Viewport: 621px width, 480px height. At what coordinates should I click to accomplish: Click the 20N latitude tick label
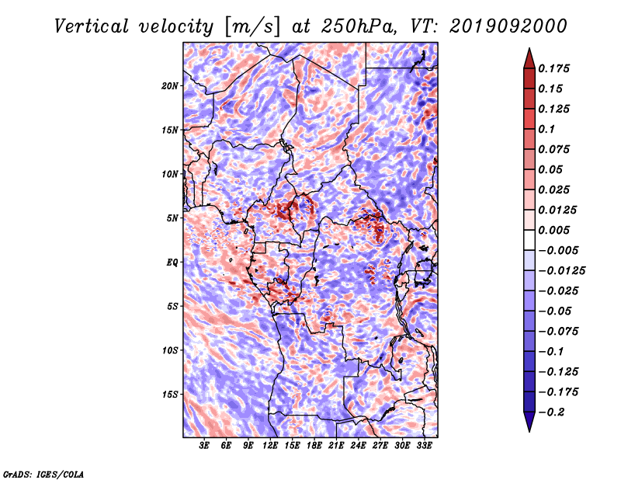(x=169, y=86)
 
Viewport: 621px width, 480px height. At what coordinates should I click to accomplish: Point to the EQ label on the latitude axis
(x=172, y=263)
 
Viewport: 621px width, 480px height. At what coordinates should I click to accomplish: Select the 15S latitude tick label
(x=169, y=395)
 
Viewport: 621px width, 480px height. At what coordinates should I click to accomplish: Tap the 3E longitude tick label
(x=204, y=446)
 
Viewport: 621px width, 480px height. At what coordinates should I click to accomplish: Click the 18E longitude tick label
(x=314, y=446)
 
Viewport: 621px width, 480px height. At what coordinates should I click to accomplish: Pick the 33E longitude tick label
(x=424, y=446)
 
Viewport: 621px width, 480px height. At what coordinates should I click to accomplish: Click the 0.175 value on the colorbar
(x=553, y=68)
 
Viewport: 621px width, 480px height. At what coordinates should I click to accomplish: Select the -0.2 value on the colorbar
(x=551, y=412)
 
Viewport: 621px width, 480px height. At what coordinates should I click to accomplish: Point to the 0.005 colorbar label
(x=553, y=230)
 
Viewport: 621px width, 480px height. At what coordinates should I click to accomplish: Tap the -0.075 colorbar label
(x=558, y=332)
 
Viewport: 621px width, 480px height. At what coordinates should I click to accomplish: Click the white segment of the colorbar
(x=529, y=240)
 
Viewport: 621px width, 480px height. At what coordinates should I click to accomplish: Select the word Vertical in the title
(x=92, y=26)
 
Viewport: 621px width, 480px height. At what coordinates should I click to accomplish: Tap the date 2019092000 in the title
(x=508, y=26)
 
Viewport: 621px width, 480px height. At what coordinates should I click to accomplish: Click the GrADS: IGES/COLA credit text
(x=43, y=474)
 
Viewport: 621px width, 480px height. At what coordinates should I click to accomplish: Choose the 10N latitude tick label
(x=169, y=174)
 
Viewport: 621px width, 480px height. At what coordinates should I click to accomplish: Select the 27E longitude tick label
(x=380, y=446)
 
